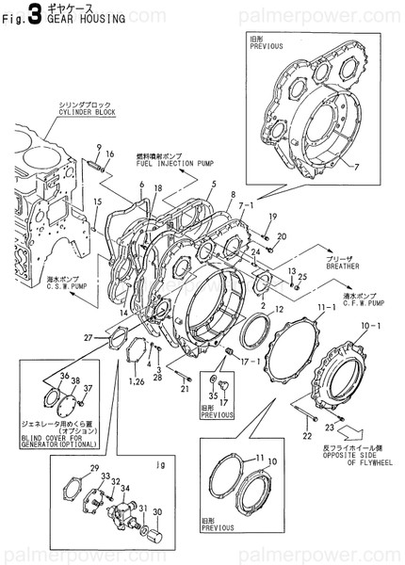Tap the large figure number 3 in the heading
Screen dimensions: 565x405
[35, 12]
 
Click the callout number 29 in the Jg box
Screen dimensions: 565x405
[93, 469]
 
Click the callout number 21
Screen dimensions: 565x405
[186, 389]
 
